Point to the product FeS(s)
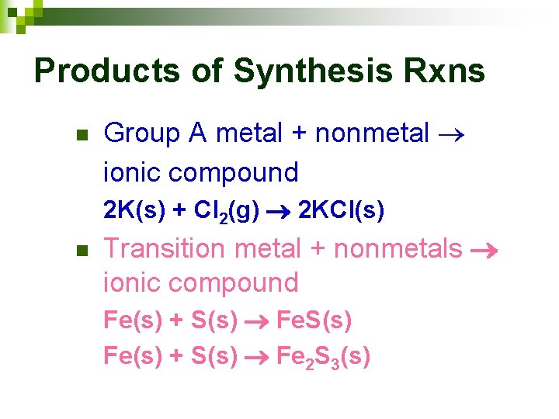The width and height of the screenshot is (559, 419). [314, 320]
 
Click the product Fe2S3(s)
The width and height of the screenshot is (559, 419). [324, 357]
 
